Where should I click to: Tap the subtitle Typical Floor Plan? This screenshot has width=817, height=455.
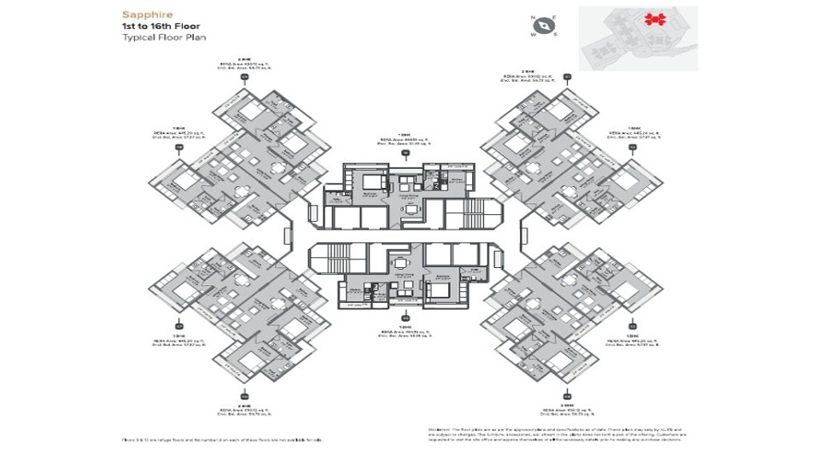[x=164, y=38]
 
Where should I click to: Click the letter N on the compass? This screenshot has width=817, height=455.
[x=533, y=18]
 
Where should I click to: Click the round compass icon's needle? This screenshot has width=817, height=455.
[x=544, y=26]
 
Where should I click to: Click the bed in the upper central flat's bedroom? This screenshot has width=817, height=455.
[x=373, y=182]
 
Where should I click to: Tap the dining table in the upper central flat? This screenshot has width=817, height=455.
[x=411, y=208]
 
